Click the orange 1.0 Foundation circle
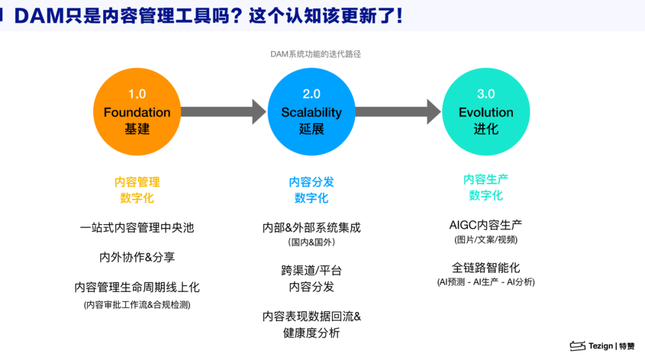(x=137, y=112)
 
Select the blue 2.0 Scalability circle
(x=311, y=112)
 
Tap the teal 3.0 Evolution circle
(x=486, y=112)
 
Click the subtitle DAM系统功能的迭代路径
(x=315, y=54)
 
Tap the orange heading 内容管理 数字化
(x=137, y=190)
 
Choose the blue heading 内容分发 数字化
(x=311, y=190)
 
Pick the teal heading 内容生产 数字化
(x=486, y=187)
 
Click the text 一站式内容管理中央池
(x=137, y=227)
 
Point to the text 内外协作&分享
(x=137, y=257)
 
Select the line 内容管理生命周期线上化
(x=137, y=287)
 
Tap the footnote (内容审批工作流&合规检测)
(x=137, y=304)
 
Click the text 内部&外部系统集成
(x=311, y=227)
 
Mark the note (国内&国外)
(x=311, y=242)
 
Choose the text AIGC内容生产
(x=486, y=224)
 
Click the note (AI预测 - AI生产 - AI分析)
(x=486, y=282)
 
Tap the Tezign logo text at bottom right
(x=600, y=346)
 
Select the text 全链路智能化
(x=486, y=267)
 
